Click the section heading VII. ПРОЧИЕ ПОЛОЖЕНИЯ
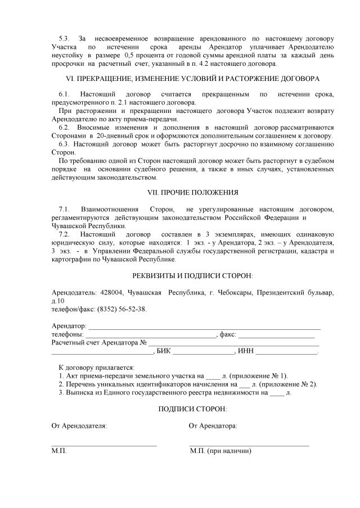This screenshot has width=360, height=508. pyautogui.click(x=192, y=193)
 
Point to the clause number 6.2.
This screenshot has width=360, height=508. pyautogui.click(x=64, y=128)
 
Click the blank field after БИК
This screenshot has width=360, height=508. pyautogui.click(x=203, y=352)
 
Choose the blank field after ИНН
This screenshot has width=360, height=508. pyautogui.click(x=287, y=352)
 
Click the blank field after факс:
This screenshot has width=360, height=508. pyautogui.click(x=276, y=335)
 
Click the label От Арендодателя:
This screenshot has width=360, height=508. pyautogui.click(x=79, y=426)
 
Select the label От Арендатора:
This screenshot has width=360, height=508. pyautogui.click(x=213, y=426)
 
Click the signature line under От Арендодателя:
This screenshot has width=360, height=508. pyautogui.click(x=104, y=445)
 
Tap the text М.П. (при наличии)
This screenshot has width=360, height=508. pyautogui.click(x=220, y=451)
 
